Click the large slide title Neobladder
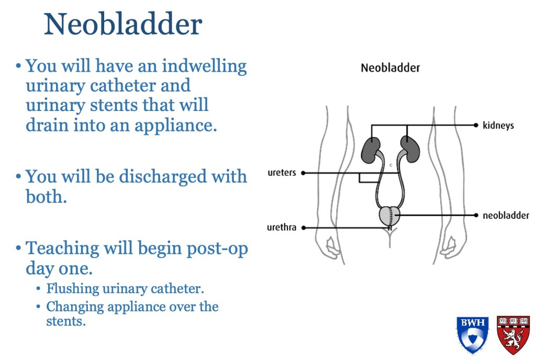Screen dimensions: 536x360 click(123, 24)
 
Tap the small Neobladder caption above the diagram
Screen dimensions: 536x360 click(390, 67)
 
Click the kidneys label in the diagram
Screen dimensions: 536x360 click(498, 126)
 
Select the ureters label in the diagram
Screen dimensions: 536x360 click(282, 173)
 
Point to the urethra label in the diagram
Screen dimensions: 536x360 click(281, 228)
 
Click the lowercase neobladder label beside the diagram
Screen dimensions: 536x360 click(506, 216)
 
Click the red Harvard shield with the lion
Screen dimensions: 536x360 click(513, 335)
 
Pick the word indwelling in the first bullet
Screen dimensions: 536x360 click(204, 66)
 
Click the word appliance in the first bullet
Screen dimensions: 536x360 click(176, 125)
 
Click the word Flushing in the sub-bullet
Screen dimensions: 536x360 click(73, 289)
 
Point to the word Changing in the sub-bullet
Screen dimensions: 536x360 click(75, 307)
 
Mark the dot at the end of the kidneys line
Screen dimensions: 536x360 click(476, 126)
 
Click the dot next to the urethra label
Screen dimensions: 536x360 click(304, 228)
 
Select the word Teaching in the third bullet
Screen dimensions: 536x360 click(62, 249)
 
